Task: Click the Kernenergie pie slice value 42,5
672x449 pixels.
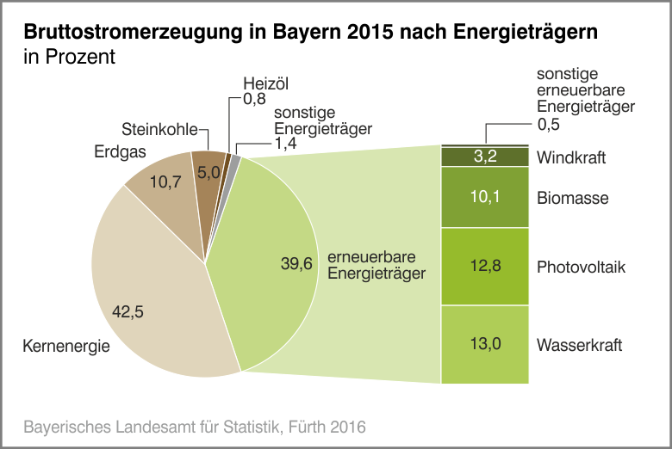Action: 129,312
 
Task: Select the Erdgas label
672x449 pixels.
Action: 119,152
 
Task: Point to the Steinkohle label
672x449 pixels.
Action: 160,130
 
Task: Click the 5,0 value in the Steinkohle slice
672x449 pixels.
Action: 208,172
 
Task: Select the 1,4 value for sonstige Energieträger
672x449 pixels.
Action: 285,145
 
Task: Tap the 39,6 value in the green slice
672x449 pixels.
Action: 296,264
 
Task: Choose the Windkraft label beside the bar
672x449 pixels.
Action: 571,158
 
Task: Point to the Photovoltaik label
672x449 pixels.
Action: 581,268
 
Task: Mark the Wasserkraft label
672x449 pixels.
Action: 579,346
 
